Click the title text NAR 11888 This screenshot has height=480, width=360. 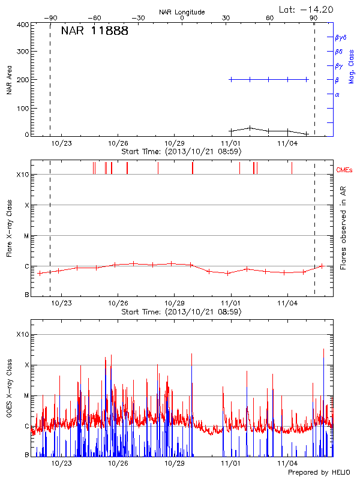pyautogui.click(x=94, y=31)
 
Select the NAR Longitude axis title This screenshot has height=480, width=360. pyautogui.click(x=182, y=12)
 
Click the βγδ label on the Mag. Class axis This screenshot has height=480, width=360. pyautogui.click(x=340, y=37)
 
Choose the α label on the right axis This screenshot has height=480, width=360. pyautogui.click(x=337, y=94)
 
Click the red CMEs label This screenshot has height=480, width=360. pyautogui.click(x=345, y=171)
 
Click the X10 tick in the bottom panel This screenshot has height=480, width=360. pyautogui.click(x=23, y=335)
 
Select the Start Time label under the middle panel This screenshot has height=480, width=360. pyautogui.click(x=181, y=312)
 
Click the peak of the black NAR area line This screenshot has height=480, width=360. pyautogui.click(x=250, y=127)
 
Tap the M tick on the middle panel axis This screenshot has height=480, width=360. pyautogui.click(x=26, y=236)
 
